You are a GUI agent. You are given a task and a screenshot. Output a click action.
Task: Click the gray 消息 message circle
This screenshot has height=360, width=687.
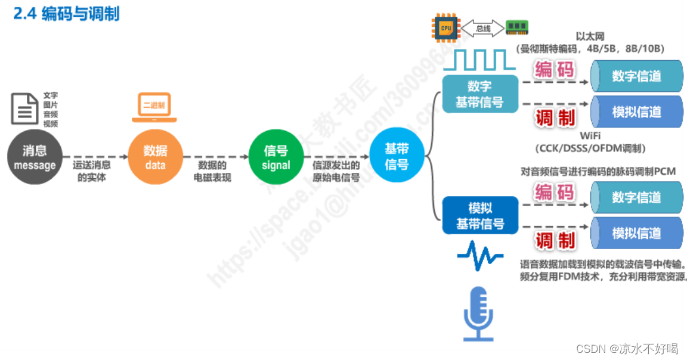[x=35, y=157]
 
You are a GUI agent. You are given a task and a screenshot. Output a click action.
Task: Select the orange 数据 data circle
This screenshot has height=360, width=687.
[x=155, y=157]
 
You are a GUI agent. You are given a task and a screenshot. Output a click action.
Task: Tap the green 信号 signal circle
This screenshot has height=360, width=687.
[x=276, y=157]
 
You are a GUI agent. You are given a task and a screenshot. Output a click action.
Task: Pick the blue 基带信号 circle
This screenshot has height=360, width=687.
[x=397, y=157]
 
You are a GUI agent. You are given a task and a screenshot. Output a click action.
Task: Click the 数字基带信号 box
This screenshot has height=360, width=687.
[x=479, y=95]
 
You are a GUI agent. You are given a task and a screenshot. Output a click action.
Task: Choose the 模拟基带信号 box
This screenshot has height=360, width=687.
[x=479, y=216]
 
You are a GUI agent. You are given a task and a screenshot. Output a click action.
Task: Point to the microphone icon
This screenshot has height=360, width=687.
[x=478, y=314]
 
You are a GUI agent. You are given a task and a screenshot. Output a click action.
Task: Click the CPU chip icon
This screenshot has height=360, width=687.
[x=445, y=27]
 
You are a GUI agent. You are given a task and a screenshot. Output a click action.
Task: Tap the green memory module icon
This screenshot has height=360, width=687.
[x=517, y=27]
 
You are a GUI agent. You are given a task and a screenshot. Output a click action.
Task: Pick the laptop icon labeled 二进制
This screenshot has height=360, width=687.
[x=154, y=107]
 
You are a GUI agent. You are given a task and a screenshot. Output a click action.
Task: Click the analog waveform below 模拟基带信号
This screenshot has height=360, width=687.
[x=479, y=256]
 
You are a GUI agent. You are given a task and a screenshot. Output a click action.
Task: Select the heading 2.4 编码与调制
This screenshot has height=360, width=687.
[x=66, y=14]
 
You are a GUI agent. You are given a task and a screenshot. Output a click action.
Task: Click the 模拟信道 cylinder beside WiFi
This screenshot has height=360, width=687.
[x=636, y=112]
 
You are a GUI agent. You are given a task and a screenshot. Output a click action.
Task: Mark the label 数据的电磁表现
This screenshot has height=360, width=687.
[x=212, y=171]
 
